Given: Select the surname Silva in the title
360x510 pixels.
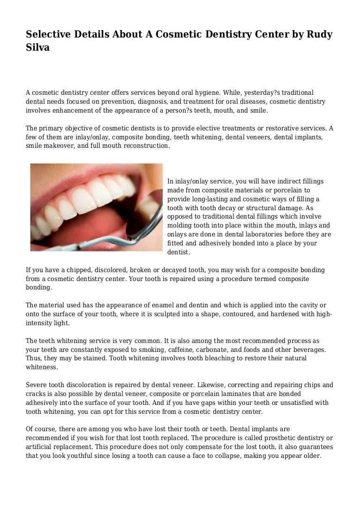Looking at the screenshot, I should pyautogui.click(x=37, y=48).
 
